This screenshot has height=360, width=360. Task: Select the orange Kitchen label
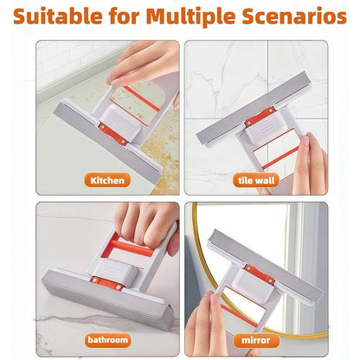pyautogui.click(x=108, y=180)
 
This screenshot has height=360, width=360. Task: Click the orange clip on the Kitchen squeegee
pyautogui.click(x=112, y=134)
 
